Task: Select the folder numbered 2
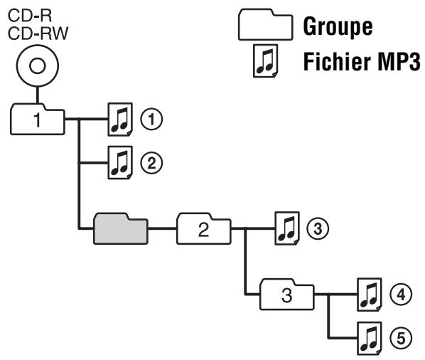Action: click(204, 229)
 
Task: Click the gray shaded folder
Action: click(119, 228)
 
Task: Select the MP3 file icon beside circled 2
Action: click(119, 163)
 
